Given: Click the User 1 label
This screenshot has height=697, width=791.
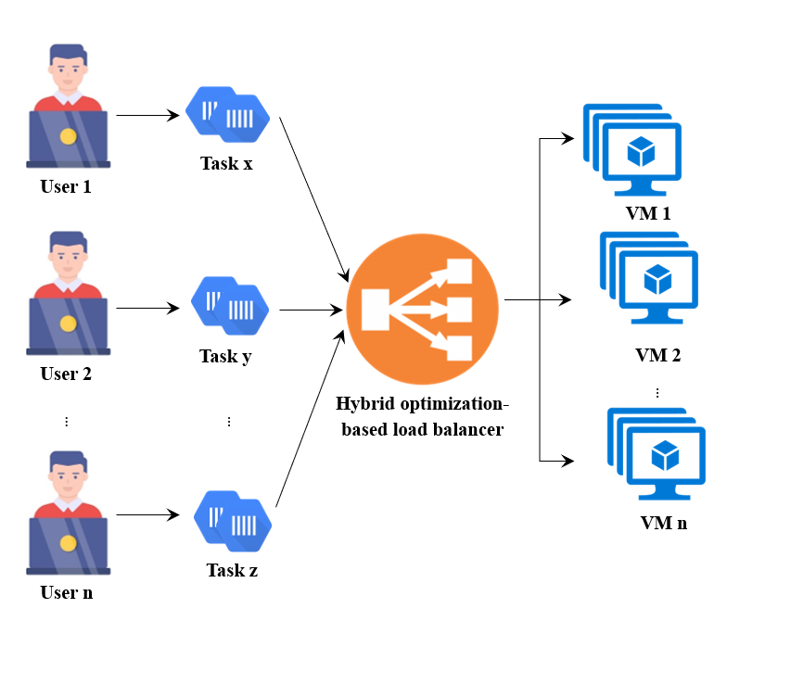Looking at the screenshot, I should pyautogui.click(x=66, y=186).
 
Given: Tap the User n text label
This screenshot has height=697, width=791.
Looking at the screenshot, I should pyautogui.click(x=67, y=592).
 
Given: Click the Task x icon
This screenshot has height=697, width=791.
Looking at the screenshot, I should pyautogui.click(x=227, y=115).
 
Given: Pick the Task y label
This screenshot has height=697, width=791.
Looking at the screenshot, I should pyautogui.click(x=225, y=356).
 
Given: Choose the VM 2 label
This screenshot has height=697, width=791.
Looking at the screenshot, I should pyautogui.click(x=658, y=355).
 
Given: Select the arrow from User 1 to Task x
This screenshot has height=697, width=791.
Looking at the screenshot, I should pyautogui.click(x=147, y=116).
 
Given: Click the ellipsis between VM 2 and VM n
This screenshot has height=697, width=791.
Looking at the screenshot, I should pyautogui.click(x=657, y=393).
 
